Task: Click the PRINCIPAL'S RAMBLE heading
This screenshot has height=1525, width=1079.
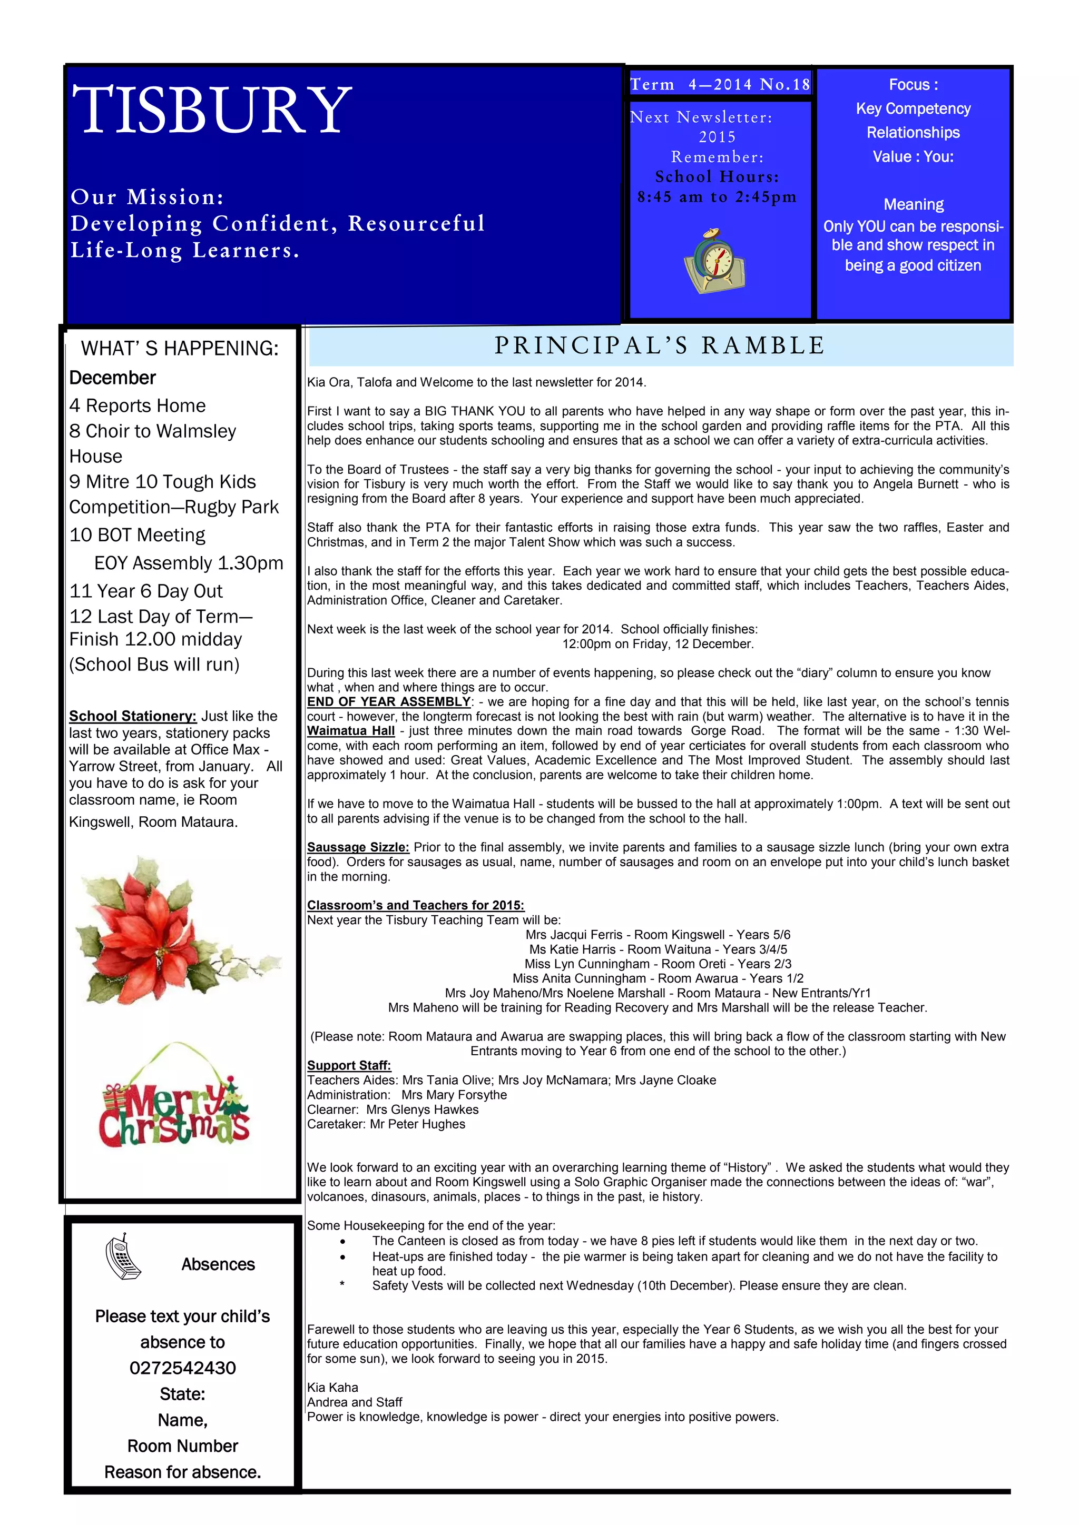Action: [660, 346]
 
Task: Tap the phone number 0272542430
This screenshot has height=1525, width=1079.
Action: [183, 1368]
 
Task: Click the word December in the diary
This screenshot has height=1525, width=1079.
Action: [112, 378]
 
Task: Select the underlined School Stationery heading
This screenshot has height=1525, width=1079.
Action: [133, 716]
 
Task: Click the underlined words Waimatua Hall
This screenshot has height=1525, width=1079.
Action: [351, 730]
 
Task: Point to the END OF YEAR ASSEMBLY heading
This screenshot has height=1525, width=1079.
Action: [389, 701]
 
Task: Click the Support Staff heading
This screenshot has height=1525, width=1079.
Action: [349, 1065]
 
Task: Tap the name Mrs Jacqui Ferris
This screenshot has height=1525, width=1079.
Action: [574, 935]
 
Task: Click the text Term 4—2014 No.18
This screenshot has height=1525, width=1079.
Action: [720, 85]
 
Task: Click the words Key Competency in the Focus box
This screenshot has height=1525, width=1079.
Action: [913, 109]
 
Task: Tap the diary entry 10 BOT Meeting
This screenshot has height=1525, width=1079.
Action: [138, 536]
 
